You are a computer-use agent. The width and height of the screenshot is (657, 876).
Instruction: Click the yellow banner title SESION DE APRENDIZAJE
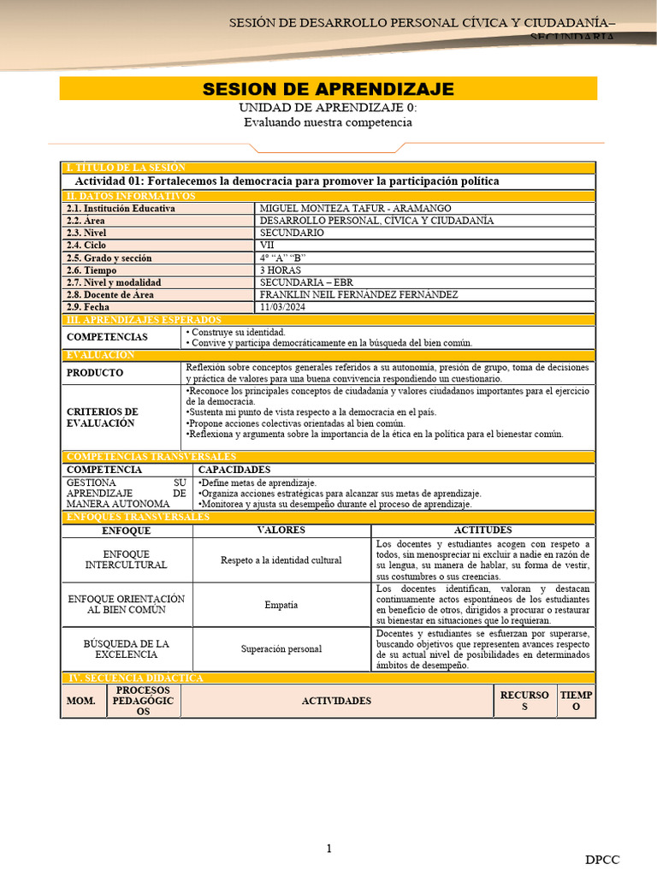point(328,90)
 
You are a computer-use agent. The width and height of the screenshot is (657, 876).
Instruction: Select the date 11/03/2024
point(283,307)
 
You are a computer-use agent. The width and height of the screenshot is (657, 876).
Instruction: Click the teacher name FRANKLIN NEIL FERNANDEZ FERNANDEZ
point(358,294)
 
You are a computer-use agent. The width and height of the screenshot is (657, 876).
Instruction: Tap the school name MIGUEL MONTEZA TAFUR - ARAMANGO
point(355,208)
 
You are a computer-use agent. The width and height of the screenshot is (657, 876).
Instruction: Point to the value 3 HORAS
point(281,270)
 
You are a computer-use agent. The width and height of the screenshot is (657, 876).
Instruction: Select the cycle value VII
point(267,246)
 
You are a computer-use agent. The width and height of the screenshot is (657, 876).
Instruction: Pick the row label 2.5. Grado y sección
point(109,257)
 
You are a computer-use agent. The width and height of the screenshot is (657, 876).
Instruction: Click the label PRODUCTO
point(95,373)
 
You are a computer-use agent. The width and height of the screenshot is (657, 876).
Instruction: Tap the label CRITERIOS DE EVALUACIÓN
point(102,417)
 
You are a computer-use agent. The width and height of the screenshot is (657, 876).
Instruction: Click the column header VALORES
point(281,530)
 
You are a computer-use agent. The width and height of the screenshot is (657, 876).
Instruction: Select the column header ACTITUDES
point(483,530)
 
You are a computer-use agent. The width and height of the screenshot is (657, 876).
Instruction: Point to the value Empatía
point(281,605)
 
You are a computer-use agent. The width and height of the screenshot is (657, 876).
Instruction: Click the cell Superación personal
point(281,648)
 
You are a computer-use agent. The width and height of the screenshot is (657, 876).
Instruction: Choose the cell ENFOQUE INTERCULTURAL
point(127,559)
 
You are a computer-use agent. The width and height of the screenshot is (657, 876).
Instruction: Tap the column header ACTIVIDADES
point(336,701)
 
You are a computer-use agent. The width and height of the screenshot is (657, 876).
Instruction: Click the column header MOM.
point(80,701)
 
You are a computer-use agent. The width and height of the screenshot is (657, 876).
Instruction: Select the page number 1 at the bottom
point(328,848)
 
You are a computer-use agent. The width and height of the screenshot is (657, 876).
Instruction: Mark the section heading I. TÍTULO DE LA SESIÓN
point(126,168)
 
